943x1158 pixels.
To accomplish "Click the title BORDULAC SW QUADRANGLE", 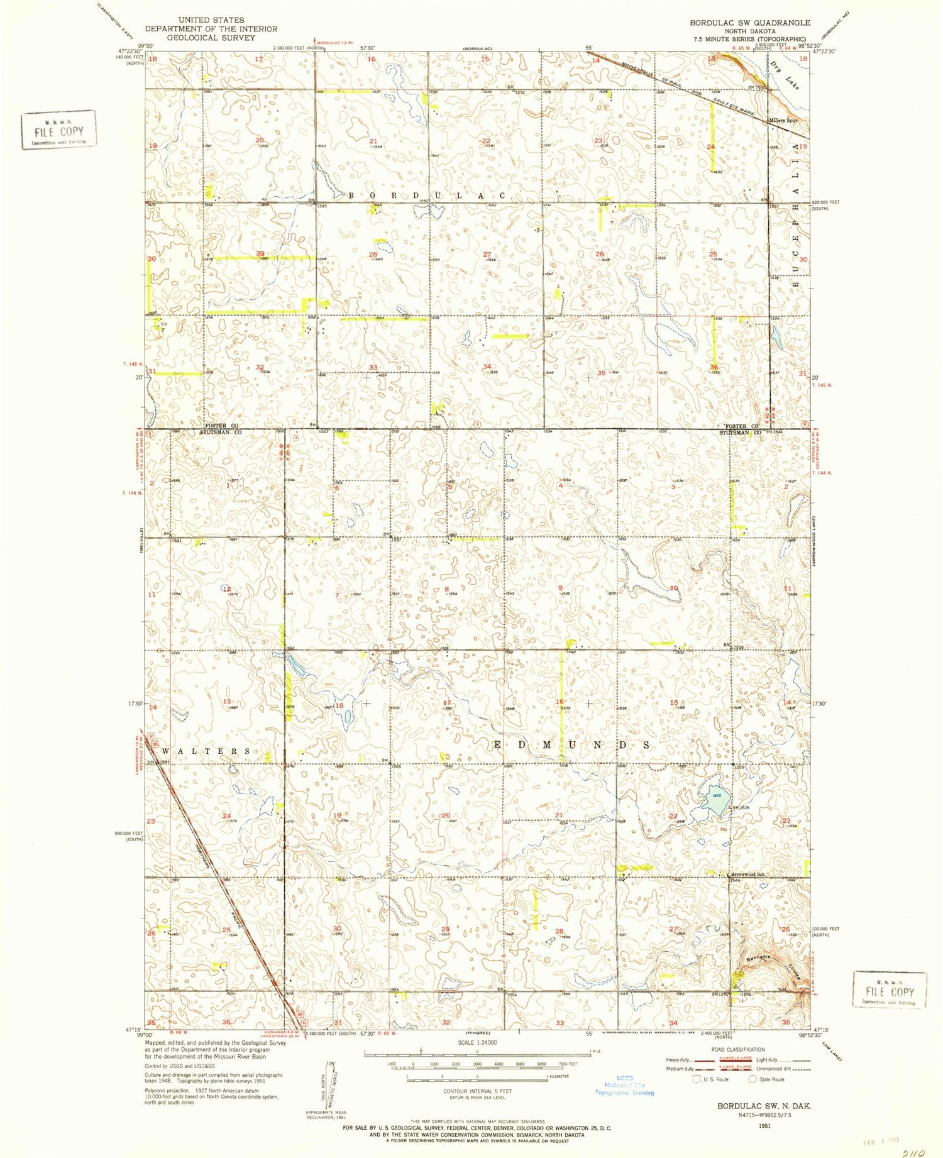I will tap(749, 23).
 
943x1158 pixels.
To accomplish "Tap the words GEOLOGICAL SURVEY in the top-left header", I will tap(211, 38).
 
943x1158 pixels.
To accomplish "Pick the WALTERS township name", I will tap(207, 751).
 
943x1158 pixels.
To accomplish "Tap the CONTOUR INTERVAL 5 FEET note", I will tap(478, 1091).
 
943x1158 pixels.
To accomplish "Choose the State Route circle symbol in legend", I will tap(752, 1079).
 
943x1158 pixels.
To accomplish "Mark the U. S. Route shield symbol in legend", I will tap(696, 1079).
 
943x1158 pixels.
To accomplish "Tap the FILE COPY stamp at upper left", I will tap(58, 130).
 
